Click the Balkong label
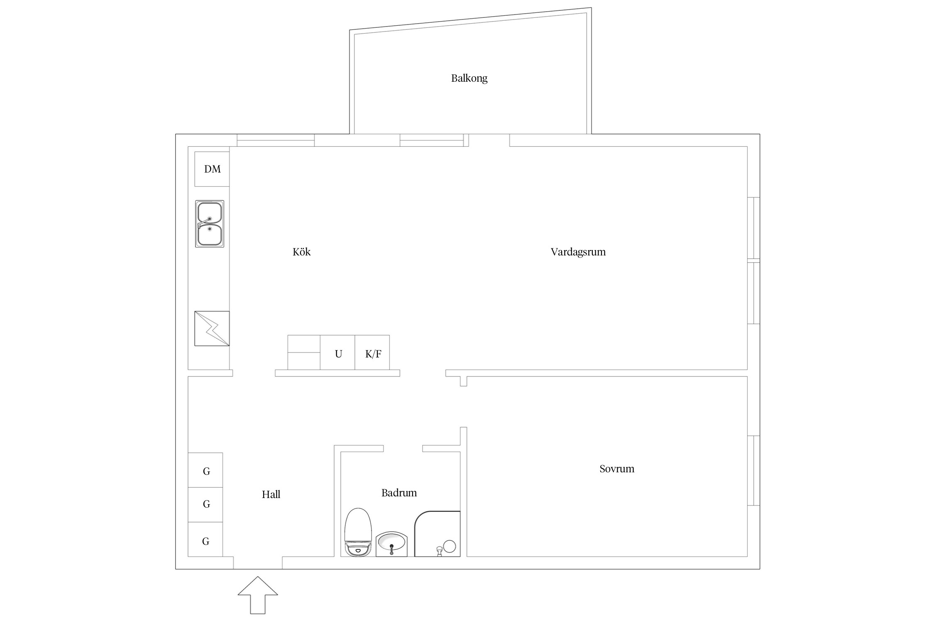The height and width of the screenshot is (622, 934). tap(469, 78)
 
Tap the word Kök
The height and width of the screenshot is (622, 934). tap(301, 252)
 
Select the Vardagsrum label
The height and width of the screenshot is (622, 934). tap(578, 252)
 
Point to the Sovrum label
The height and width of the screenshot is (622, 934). tap(617, 469)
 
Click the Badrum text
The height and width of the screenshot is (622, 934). tap(399, 493)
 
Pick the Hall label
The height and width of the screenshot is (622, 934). tap(271, 494)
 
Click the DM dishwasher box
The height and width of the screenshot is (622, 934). tap(212, 169)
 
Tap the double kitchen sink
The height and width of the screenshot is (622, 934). tap(210, 224)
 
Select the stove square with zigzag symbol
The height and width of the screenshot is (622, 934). tap(212, 328)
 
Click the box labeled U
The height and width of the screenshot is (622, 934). tap(337, 352)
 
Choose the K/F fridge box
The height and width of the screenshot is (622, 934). tap(372, 352)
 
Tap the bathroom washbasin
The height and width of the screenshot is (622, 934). tap(391, 544)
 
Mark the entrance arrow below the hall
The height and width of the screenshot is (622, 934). tap(258, 595)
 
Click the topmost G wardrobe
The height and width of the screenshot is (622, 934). tap(205, 470)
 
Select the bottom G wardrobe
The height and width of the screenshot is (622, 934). tap(205, 539)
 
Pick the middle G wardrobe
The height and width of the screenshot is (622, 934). tap(205, 505)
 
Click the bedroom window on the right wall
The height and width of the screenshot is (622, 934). tap(754, 471)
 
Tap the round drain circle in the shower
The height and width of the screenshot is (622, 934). tap(450, 546)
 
